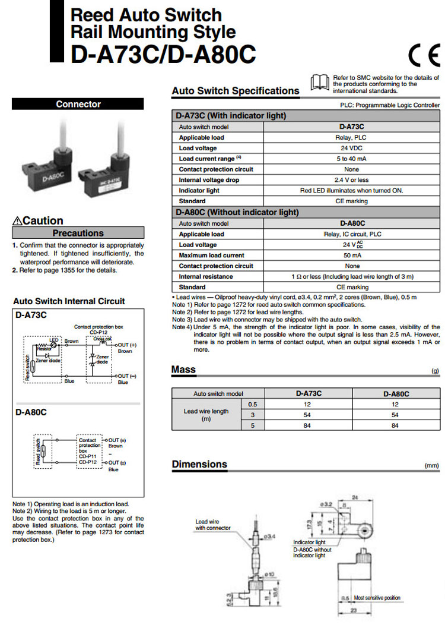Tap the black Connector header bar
[x=78, y=104]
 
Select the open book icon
[x=320, y=82]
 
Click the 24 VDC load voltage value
[x=352, y=148]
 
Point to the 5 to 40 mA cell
[x=352, y=159]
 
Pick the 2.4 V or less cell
[x=352, y=180]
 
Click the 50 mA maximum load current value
[x=352, y=256]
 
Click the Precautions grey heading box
[x=78, y=233]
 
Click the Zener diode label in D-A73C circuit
[x=46, y=360]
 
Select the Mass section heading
[x=183, y=370]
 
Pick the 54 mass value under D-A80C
[x=396, y=414]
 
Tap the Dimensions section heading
[x=199, y=464]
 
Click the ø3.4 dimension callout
[x=269, y=537]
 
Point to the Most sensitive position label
[x=377, y=598]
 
